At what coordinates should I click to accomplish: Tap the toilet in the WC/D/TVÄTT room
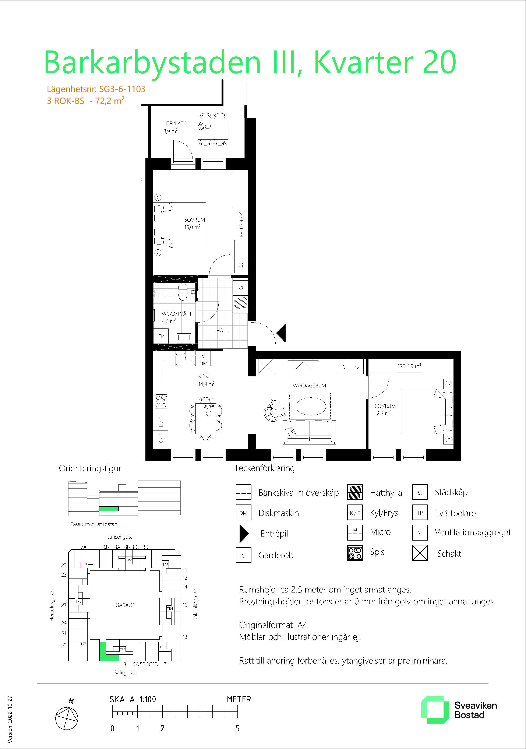[182, 292]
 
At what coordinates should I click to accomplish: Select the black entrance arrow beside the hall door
[281, 333]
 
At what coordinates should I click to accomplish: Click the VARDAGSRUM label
[309, 386]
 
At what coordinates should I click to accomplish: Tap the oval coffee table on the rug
[311, 406]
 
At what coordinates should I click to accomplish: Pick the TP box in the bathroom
[161, 336]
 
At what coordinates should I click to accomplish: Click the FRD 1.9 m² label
[409, 366]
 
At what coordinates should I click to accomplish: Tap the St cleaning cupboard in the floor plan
[241, 265]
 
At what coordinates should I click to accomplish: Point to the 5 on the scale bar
[237, 728]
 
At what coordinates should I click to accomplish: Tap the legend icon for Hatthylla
[355, 492]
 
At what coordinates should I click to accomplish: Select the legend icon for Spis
[355, 553]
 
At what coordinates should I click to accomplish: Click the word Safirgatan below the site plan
[125, 673]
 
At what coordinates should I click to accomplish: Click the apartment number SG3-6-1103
[122, 89]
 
